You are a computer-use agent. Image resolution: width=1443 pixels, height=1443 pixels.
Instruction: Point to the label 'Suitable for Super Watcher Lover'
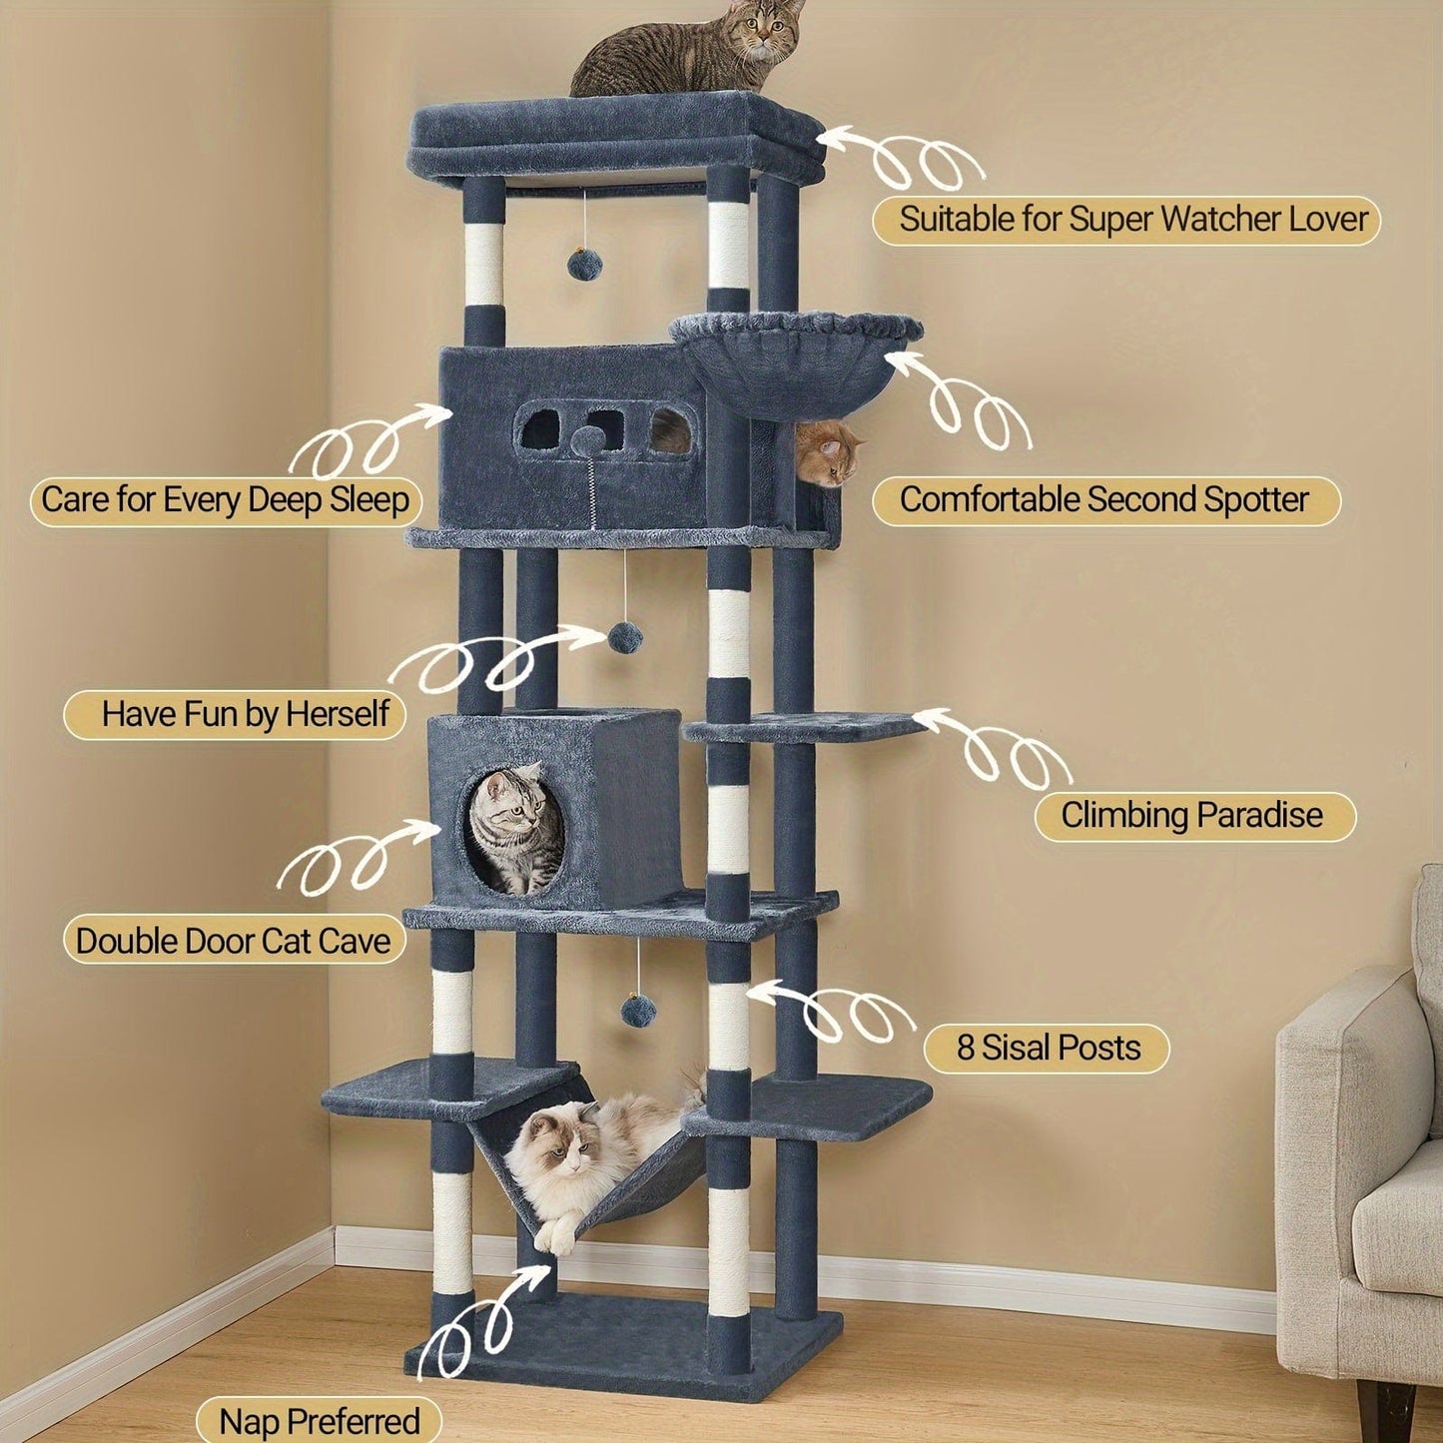point(1125,220)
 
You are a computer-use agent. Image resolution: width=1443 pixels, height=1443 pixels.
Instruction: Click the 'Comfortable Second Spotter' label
point(1104,499)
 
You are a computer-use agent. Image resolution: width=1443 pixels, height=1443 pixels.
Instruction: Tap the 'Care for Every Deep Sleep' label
point(226,499)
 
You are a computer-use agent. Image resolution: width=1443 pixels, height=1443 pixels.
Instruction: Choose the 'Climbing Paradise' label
point(1192,816)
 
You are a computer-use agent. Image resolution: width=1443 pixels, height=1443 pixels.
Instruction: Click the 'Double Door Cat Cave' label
point(234,941)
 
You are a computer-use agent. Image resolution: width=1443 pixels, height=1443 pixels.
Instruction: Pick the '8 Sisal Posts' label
point(1047,1048)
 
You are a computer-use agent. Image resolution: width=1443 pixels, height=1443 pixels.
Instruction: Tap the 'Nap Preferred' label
point(319,1421)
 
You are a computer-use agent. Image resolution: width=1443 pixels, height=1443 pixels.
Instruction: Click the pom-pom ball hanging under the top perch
point(583,263)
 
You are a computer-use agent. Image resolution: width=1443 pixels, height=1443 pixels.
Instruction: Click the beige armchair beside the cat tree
point(1363,1148)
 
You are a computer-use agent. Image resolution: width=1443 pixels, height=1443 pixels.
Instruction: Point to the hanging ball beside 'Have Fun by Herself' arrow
point(625,637)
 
